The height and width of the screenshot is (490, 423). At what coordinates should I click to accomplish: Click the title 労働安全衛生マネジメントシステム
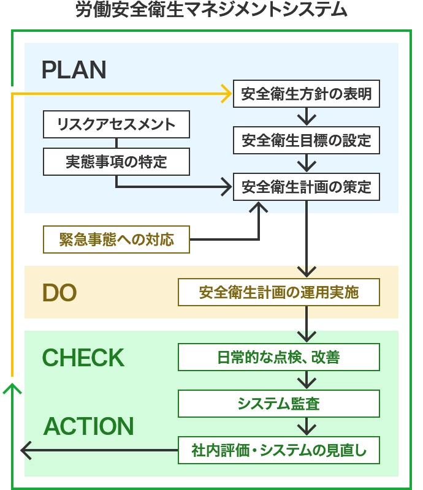(211, 10)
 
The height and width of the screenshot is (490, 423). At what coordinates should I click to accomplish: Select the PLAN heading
(74, 70)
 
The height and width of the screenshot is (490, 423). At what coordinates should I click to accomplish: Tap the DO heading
(59, 293)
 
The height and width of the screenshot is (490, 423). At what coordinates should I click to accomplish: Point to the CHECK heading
(83, 358)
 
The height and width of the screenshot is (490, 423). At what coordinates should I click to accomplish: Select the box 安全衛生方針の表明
(306, 94)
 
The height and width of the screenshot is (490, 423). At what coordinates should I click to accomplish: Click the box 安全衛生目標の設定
(306, 140)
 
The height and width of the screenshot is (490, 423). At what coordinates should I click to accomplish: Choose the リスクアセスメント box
(116, 124)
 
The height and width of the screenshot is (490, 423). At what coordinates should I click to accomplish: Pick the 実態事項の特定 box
(116, 161)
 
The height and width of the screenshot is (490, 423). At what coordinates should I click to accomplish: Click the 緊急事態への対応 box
(116, 239)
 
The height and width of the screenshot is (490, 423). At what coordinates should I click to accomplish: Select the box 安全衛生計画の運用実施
(279, 292)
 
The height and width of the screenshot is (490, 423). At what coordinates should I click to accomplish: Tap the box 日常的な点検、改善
(279, 357)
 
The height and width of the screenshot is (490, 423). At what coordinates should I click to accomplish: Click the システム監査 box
(279, 404)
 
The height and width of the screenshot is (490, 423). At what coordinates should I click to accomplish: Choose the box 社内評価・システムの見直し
(279, 451)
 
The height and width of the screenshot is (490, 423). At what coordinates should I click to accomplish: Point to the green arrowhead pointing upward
(12, 388)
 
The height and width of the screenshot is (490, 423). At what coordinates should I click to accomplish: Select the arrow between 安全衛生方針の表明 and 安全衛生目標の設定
(306, 117)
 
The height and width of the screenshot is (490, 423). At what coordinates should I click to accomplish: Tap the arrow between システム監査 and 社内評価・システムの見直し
(306, 427)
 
